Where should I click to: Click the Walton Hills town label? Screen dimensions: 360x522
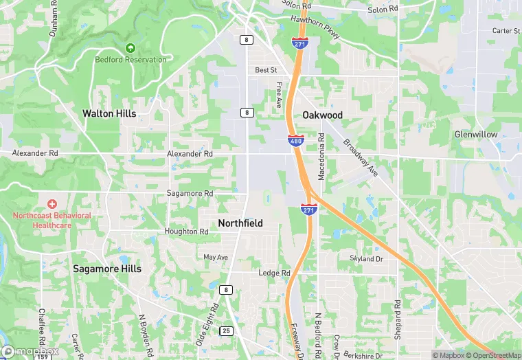109,113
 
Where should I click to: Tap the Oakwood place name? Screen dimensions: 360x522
322,115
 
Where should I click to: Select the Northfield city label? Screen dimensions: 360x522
240,223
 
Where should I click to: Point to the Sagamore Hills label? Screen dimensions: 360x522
107,269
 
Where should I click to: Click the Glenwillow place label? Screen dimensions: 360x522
475,135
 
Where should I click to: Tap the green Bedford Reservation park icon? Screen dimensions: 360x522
130,48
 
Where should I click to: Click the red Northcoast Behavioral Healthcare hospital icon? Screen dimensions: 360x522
52,204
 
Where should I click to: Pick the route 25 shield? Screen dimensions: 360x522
227,330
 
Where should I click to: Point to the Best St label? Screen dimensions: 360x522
266,70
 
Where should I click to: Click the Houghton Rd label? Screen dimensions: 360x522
186,232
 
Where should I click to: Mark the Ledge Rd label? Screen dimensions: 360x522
274,273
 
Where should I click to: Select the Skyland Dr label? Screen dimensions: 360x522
366,259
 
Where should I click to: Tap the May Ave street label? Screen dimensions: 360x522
216,258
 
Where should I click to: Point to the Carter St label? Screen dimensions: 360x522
506,31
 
